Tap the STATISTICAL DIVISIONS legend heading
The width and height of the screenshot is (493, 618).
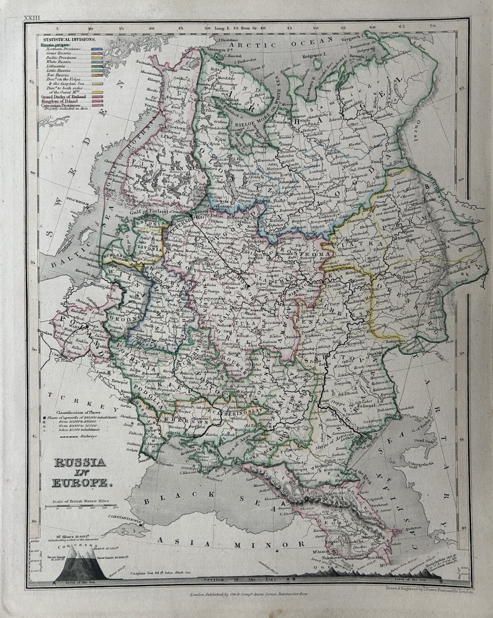pyautogui.click(x=67, y=39)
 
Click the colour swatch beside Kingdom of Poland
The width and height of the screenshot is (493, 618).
pyautogui.click(x=97, y=101)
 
